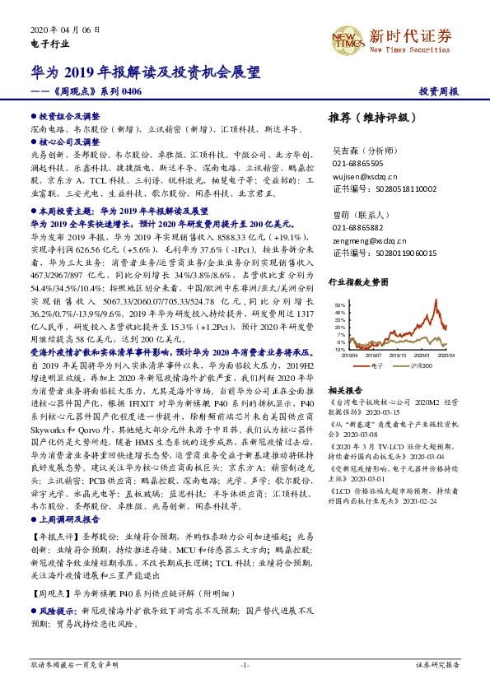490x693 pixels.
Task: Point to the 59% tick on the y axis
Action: pos(339,305)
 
